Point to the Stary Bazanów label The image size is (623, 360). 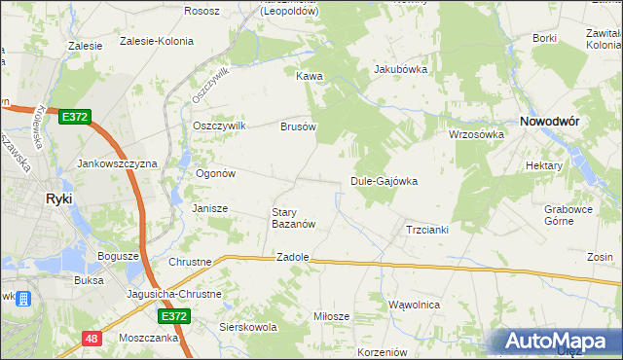tap(292, 218)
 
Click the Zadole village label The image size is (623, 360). tap(292, 257)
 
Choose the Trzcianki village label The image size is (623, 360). tap(425, 230)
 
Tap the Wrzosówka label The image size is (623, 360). tap(475, 134)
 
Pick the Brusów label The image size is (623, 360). tap(299, 126)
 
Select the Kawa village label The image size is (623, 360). tap(310, 76)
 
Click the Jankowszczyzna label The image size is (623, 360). tap(117, 164)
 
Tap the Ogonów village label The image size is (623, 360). tap(216, 173)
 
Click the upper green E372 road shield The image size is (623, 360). tap(74, 117)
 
